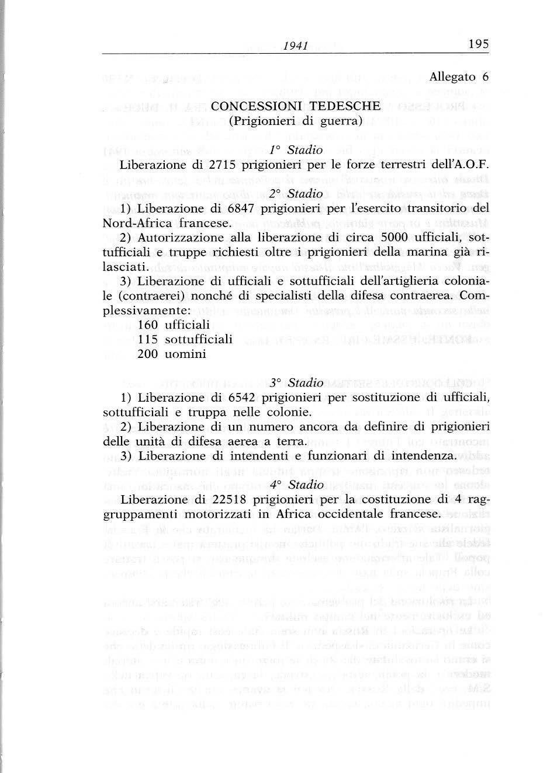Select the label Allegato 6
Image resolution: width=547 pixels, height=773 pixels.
[459, 77]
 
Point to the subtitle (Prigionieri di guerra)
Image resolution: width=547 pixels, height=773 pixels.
[296, 121]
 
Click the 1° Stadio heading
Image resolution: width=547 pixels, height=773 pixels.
[296, 150]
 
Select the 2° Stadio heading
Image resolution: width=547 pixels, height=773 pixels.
[296, 193]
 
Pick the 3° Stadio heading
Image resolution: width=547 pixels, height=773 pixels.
[296, 383]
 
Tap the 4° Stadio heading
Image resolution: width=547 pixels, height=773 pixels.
[296, 485]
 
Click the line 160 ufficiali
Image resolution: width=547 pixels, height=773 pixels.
[173, 324]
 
